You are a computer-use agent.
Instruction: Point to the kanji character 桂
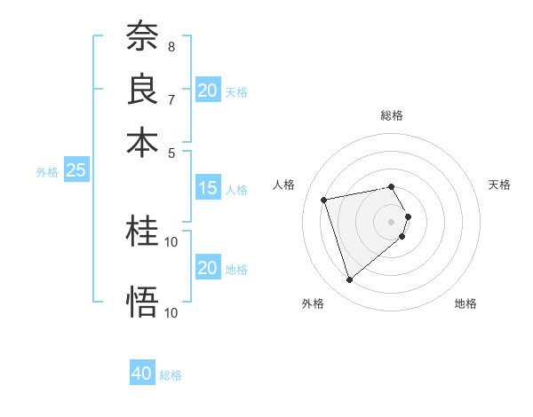pyautogui.click(x=142, y=232)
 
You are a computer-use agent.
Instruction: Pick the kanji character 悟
pyautogui.click(x=142, y=302)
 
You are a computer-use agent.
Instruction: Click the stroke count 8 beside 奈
pyautogui.click(x=171, y=46)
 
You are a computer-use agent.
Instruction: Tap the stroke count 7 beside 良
pyautogui.click(x=171, y=99)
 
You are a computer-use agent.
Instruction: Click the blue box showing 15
pyautogui.click(x=207, y=188)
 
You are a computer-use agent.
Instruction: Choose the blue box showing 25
pyautogui.click(x=76, y=171)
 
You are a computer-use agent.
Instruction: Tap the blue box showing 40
pyautogui.click(x=142, y=374)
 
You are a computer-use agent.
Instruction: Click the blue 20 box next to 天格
pyautogui.click(x=207, y=90)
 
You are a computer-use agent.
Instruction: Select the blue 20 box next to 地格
pyautogui.click(x=207, y=269)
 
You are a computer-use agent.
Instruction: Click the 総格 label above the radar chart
pyautogui.click(x=392, y=115)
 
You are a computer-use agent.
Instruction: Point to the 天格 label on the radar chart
pyautogui.click(x=499, y=185)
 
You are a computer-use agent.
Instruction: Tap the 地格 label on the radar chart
pyautogui.click(x=465, y=304)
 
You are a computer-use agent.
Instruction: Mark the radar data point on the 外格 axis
pyautogui.click(x=349, y=280)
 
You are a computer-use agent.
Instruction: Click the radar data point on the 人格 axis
pyautogui.click(x=324, y=199)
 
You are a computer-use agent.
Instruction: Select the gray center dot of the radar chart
pyautogui.click(x=392, y=221)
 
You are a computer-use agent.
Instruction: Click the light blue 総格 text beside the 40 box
pyautogui.click(x=171, y=375)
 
